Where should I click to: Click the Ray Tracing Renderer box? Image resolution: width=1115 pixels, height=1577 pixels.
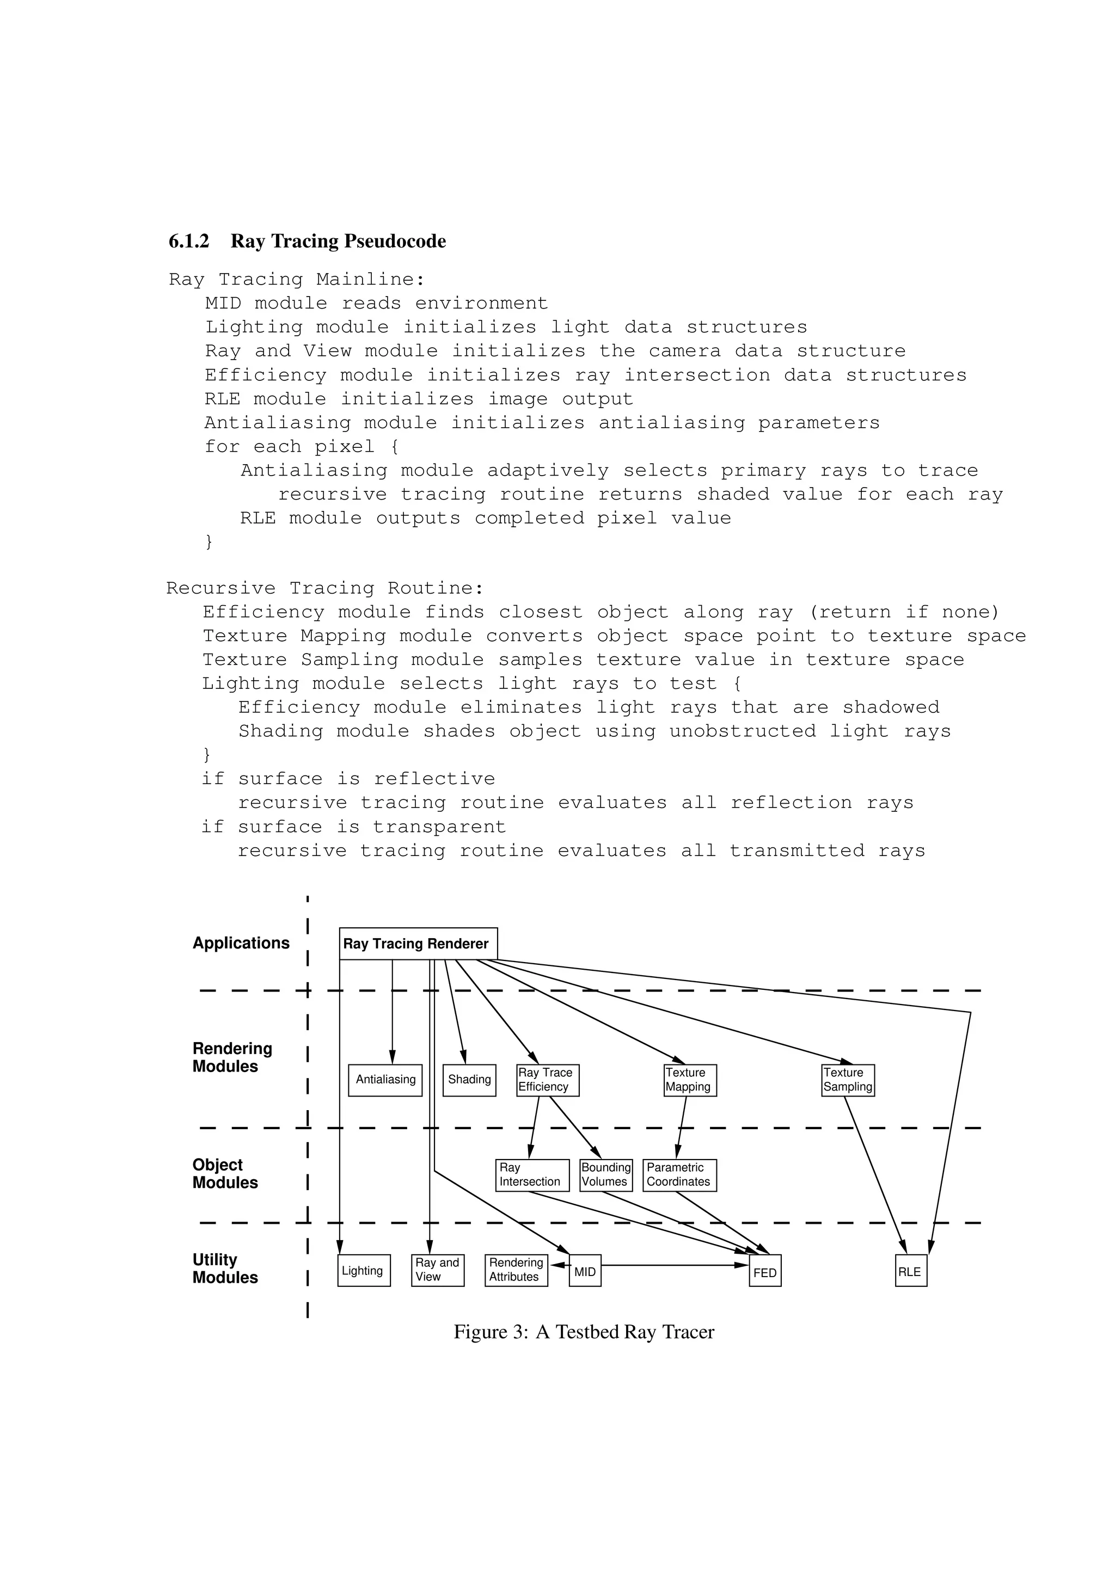(x=418, y=943)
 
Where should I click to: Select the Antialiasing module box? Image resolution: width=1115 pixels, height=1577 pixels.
(x=385, y=1080)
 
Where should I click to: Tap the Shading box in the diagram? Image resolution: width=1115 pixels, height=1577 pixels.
(x=469, y=1080)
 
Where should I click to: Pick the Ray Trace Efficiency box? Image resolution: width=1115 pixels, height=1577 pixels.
(x=548, y=1080)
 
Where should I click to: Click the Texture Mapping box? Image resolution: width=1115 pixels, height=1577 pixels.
(x=690, y=1080)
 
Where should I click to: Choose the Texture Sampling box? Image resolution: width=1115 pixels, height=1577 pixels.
(x=848, y=1080)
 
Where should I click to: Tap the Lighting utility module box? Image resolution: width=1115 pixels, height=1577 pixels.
(x=364, y=1271)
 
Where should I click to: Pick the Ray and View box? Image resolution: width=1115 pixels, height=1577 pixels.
(x=438, y=1271)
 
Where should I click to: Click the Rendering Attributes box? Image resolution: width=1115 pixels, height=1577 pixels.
(x=516, y=1271)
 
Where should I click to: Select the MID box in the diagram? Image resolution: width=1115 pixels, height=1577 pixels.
(x=585, y=1271)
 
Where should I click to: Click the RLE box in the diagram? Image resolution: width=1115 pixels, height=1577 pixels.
(x=911, y=1271)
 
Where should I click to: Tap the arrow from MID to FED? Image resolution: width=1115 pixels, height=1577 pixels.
(x=673, y=1265)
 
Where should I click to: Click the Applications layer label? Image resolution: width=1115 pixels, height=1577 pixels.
(x=241, y=943)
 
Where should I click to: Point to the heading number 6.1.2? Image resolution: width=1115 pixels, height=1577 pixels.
(x=189, y=241)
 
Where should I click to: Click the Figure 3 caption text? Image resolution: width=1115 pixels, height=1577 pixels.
(x=584, y=1333)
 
